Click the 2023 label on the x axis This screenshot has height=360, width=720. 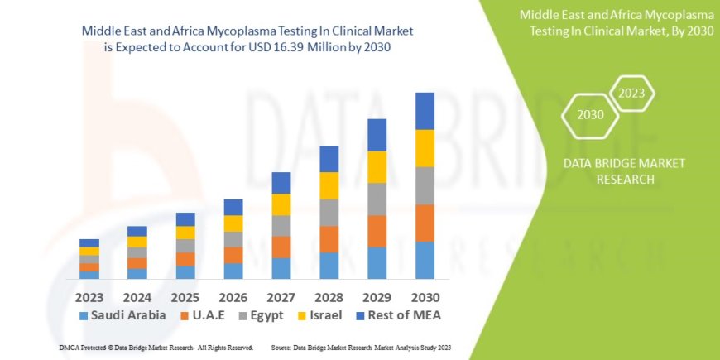tap(89, 296)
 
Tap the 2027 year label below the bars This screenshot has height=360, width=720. tap(281, 296)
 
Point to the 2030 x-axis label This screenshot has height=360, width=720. tap(425, 296)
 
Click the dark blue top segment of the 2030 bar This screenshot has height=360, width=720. tap(425, 111)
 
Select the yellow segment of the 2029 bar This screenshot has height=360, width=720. tap(377, 167)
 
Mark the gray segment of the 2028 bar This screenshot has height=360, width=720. tap(329, 213)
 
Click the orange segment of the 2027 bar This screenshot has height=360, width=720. tap(281, 247)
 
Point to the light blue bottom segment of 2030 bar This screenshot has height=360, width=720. tap(425, 260)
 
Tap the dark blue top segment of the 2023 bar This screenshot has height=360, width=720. tap(89, 242)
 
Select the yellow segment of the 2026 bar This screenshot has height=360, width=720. tap(233, 223)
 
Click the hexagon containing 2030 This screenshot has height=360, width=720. tap(591, 115)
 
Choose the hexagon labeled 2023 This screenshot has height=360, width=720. tap(631, 94)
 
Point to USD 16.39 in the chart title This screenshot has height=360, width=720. tap(297, 47)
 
